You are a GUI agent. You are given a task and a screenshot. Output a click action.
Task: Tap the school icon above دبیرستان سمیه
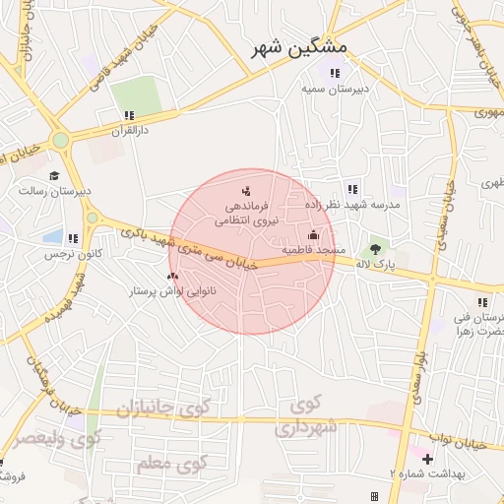(x=335, y=73)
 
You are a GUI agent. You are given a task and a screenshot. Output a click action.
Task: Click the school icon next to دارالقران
(x=129, y=116)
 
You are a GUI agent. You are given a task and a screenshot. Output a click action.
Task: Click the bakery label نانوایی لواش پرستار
(x=173, y=292)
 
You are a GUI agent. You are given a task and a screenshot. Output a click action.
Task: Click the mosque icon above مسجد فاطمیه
(x=314, y=234)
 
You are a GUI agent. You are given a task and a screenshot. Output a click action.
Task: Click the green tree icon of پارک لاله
(x=375, y=249)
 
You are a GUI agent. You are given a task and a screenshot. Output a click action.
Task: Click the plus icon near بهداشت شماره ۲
(x=427, y=459)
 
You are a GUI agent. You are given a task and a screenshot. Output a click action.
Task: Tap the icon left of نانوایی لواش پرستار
(x=173, y=277)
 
